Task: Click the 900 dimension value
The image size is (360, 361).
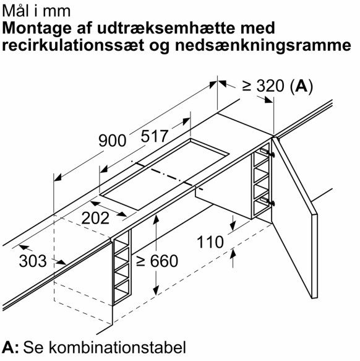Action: (x=112, y=141)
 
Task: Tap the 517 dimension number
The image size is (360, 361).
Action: (x=155, y=136)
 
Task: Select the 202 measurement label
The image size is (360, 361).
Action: (x=95, y=218)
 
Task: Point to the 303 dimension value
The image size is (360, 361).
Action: (x=33, y=261)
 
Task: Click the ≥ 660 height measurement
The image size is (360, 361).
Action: (x=157, y=261)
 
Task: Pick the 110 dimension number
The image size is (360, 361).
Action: (x=210, y=242)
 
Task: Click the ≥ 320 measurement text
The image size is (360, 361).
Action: (x=263, y=85)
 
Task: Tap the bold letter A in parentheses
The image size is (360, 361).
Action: (x=301, y=85)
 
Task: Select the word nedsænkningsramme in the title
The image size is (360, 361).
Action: (x=263, y=45)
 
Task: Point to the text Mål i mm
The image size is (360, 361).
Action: (x=36, y=11)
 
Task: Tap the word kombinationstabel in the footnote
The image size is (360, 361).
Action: (x=118, y=347)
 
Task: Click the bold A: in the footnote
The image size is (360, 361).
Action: (x=11, y=347)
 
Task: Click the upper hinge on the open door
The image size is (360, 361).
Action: (x=267, y=152)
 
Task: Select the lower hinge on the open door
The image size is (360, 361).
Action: (x=267, y=201)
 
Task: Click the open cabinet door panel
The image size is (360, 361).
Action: (x=294, y=217)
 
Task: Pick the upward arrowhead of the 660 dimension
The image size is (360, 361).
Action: (x=156, y=219)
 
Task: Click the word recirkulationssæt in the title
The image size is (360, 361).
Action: (x=73, y=45)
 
